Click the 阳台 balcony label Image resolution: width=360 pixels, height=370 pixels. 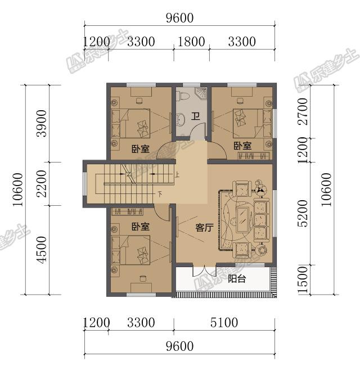pyautogui.click(x=237, y=279)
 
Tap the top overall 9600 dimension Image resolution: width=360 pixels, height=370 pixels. pyautogui.click(x=179, y=18)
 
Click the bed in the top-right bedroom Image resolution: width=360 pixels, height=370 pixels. pyautogui.click(x=248, y=120)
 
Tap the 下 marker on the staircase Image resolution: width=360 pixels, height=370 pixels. pyautogui.click(x=160, y=195)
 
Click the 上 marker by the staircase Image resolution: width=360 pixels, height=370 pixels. pyautogui.click(x=177, y=175)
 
